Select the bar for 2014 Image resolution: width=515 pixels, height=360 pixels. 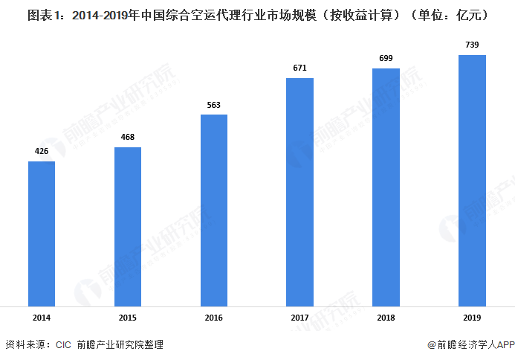(x=42, y=233)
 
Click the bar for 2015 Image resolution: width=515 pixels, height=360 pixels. (x=128, y=226)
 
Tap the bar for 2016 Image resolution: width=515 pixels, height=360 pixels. (x=214, y=210)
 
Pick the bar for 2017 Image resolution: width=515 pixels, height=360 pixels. (x=300, y=191)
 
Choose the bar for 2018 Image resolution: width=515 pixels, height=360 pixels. (x=386, y=187)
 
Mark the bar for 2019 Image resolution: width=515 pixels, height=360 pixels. (x=472, y=180)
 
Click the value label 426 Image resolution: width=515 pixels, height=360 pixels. (x=42, y=152)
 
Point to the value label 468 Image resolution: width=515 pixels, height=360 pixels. (x=128, y=138)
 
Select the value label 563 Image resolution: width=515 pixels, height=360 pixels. (x=214, y=105)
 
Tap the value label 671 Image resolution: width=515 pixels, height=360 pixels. (x=300, y=68)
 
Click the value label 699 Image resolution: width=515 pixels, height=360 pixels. (x=386, y=59)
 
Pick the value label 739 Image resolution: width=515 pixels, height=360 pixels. (x=472, y=45)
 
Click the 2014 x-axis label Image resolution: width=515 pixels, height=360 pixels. (x=42, y=318)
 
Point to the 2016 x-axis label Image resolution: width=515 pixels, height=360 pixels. (x=214, y=318)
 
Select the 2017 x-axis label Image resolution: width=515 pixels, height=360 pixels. (x=300, y=318)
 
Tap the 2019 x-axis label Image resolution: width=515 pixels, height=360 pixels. (x=472, y=318)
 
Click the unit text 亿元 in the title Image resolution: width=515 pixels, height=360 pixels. (x=474, y=13)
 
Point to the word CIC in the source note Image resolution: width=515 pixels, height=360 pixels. (x=62, y=345)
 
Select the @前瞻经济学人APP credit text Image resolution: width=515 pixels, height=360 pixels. (x=471, y=345)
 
